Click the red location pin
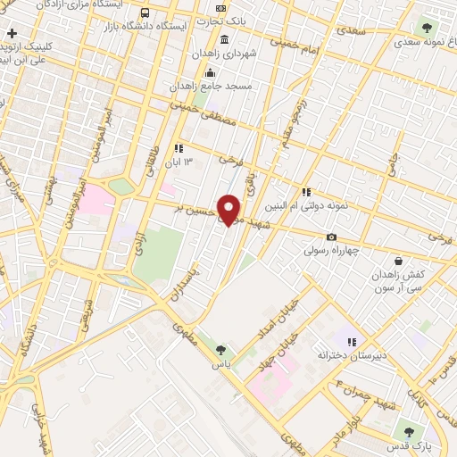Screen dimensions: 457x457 coord(229,210)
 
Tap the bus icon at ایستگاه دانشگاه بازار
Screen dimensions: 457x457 coord(145,13)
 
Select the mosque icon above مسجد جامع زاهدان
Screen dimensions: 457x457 coord(210,72)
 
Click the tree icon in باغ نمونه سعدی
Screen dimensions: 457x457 coord(422,25)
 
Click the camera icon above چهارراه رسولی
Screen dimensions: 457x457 coord(332,237)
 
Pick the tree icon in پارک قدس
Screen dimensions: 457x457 coord(409,432)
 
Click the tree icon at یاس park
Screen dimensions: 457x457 coord(220,349)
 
